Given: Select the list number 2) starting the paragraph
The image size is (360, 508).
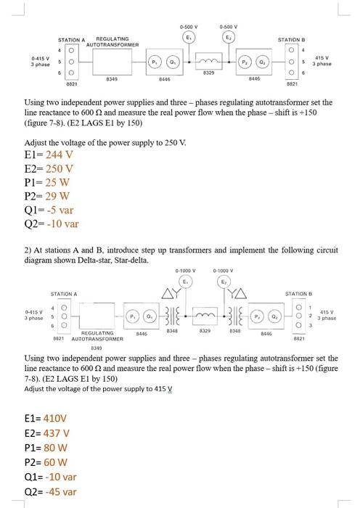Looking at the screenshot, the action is pyautogui.click(x=28, y=250).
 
